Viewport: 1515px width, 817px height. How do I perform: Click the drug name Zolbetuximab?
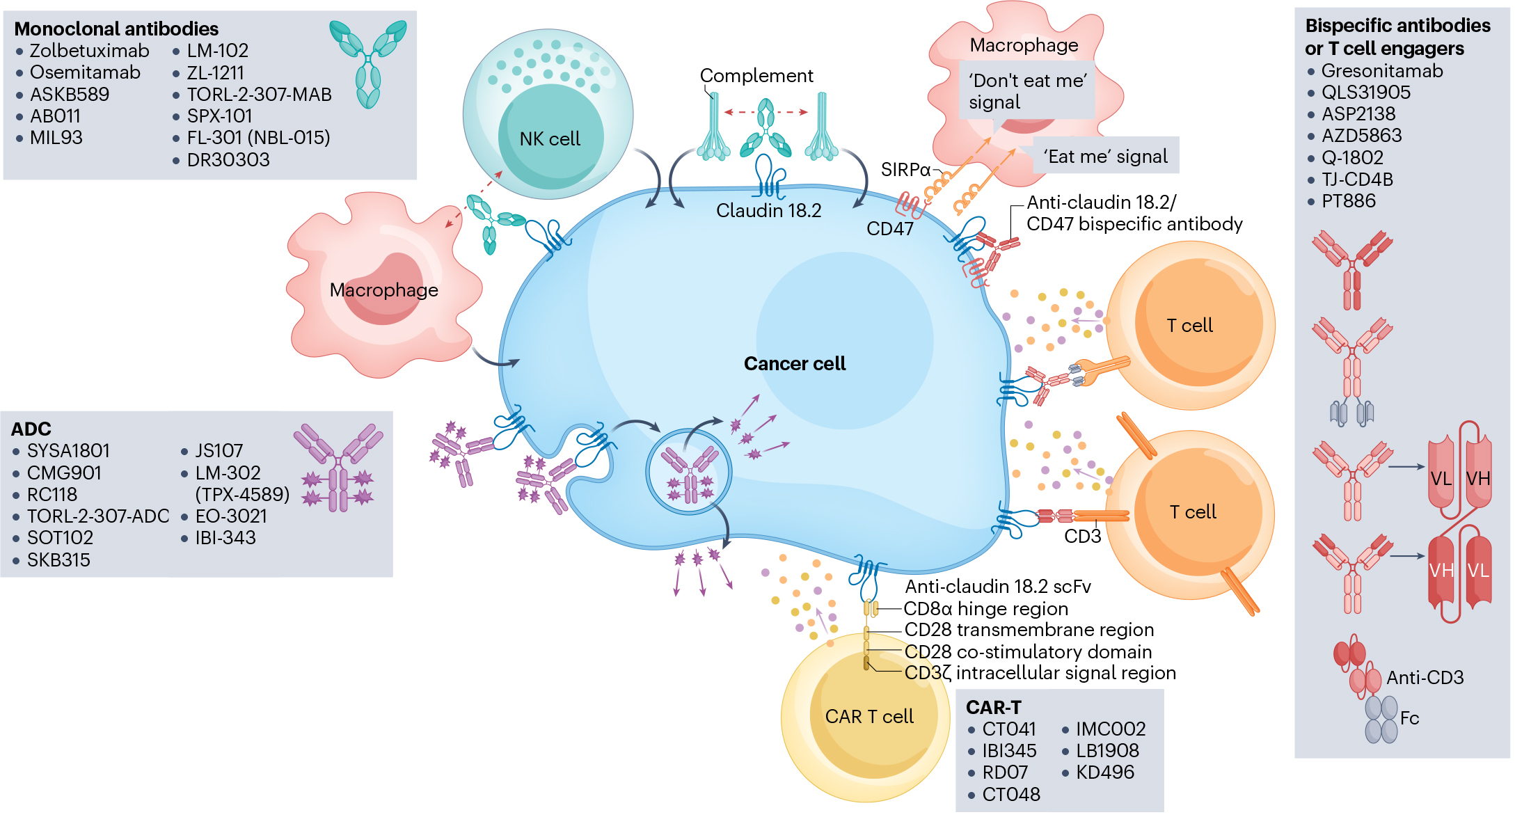pos(89,51)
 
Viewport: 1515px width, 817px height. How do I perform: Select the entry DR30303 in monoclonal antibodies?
pos(228,160)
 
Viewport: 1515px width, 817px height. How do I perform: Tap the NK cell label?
pos(550,139)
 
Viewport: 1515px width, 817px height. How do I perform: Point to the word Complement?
pos(756,76)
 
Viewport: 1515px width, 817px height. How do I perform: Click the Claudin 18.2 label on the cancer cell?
pos(769,211)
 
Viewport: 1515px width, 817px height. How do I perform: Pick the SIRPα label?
pos(905,170)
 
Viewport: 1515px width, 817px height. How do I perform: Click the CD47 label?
pos(890,229)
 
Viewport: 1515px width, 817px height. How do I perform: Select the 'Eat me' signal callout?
pos(1105,157)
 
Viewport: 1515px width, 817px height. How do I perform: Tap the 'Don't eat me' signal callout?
pos(1027,91)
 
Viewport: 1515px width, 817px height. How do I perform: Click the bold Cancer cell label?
pos(795,364)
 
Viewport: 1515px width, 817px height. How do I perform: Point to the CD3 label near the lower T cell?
pos(1083,537)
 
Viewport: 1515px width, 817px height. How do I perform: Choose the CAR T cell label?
pos(869,717)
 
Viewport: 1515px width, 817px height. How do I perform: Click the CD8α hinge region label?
pos(985,609)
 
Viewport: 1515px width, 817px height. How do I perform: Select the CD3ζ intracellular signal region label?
pos(1040,673)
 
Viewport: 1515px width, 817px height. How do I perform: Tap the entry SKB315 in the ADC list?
pos(58,560)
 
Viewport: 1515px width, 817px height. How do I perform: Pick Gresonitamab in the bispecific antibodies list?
pos(1382,71)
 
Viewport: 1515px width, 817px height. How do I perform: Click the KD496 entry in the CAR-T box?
pos(1105,772)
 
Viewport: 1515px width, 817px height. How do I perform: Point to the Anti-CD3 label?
pos(1425,678)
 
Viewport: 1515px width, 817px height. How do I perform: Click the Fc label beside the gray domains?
pos(1410,718)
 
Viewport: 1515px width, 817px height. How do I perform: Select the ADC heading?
pos(31,429)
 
